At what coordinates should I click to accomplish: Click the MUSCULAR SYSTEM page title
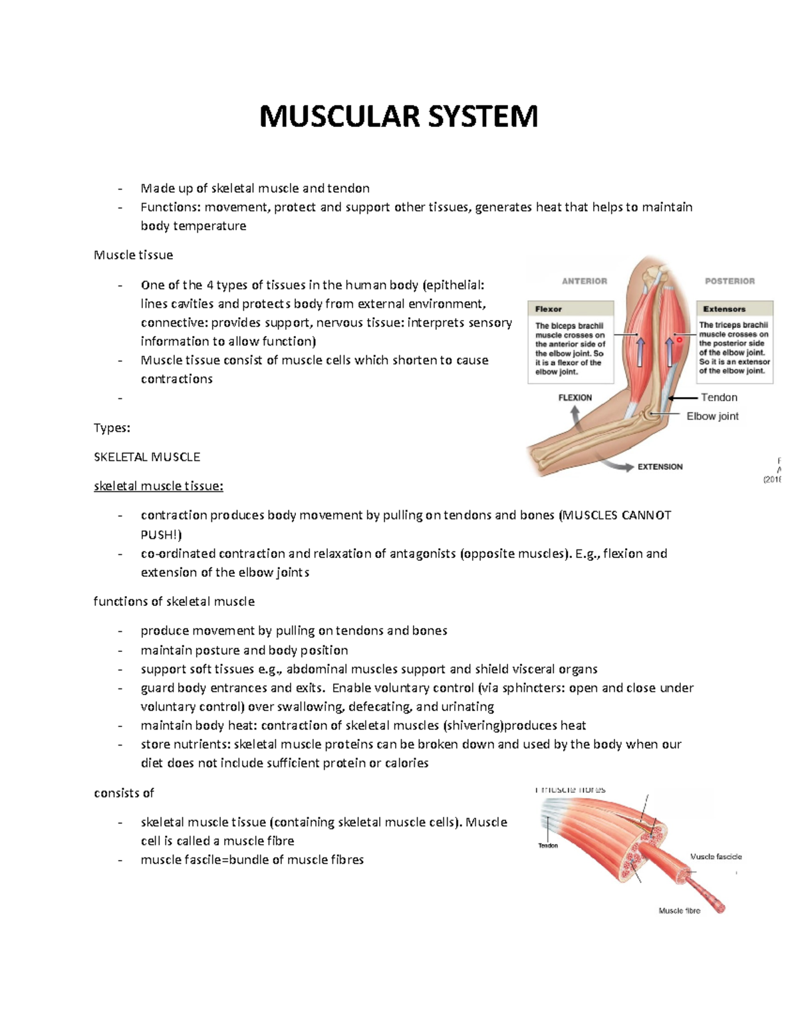tap(398, 116)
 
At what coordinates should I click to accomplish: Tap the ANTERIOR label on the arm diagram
tap(584, 281)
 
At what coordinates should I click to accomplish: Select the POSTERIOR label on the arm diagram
tap(730, 281)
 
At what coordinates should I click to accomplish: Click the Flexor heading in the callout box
tap(549, 309)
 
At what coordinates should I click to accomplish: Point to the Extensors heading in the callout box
tap(724, 309)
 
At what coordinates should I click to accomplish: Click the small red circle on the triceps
tap(680, 340)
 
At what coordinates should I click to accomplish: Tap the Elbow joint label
tap(712, 416)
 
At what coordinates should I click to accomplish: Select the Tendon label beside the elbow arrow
tap(719, 398)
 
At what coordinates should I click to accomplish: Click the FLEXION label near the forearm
tap(575, 398)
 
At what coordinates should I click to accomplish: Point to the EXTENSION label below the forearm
tap(660, 467)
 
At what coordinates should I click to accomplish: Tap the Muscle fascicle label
tap(716, 857)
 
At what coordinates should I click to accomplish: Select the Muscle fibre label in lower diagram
tap(679, 911)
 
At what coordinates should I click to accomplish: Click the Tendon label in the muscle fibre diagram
tap(548, 845)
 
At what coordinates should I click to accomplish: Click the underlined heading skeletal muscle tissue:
tap(158, 486)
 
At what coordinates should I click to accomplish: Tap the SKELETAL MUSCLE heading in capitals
tap(146, 457)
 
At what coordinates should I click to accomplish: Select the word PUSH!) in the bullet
tap(161, 535)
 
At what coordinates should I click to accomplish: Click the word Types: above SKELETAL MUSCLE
tap(112, 428)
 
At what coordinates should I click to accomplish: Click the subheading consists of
tap(124, 793)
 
